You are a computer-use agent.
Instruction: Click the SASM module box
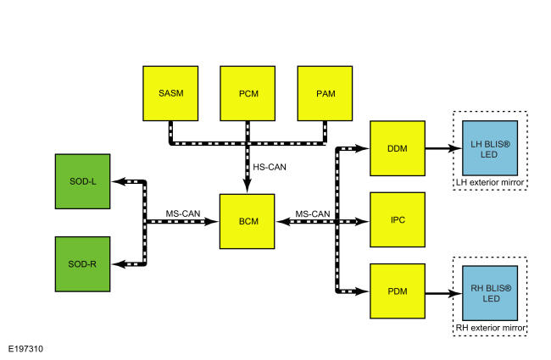click(x=170, y=93)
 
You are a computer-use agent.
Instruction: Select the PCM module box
click(x=248, y=93)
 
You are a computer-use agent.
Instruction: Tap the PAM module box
click(x=325, y=93)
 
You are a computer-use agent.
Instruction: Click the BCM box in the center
click(x=247, y=221)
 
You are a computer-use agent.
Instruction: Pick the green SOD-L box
click(x=82, y=181)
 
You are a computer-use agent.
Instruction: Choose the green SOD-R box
click(x=82, y=264)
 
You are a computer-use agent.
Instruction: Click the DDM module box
click(x=398, y=148)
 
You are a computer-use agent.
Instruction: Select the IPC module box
click(x=398, y=219)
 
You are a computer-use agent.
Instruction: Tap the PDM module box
click(x=398, y=291)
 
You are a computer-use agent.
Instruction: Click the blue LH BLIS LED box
click(x=490, y=148)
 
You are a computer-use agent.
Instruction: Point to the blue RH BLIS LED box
click(x=490, y=293)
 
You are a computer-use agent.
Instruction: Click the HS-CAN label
click(x=270, y=167)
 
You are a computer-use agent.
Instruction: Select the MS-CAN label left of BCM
click(x=183, y=213)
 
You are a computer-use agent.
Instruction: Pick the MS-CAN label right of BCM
click(x=313, y=214)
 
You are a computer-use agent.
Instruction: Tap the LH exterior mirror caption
click(x=490, y=182)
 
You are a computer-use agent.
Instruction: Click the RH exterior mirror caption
click(x=490, y=328)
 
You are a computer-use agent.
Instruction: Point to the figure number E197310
click(x=25, y=349)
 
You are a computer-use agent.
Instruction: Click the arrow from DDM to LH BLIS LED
click(x=443, y=148)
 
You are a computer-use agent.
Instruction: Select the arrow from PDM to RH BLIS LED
click(x=443, y=293)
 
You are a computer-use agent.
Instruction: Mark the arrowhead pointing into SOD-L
click(x=118, y=181)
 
